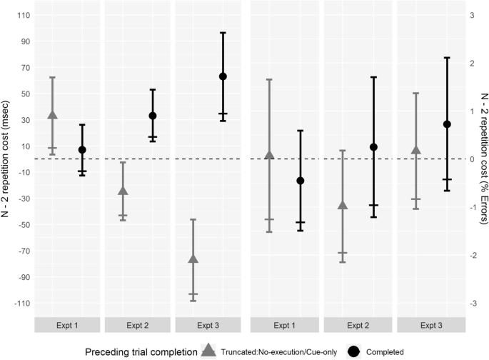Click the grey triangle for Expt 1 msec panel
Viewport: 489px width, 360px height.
click(52, 115)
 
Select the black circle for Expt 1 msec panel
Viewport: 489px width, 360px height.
click(82, 150)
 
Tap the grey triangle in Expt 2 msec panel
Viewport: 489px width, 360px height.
click(123, 191)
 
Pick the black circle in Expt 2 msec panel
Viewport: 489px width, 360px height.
click(152, 116)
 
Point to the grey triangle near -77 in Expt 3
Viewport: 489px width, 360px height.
click(193, 259)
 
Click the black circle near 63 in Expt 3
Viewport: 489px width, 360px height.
click(223, 76)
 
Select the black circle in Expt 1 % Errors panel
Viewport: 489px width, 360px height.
click(301, 181)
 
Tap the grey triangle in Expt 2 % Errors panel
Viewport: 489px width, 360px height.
click(343, 205)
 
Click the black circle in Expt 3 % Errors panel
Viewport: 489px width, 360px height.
click(448, 124)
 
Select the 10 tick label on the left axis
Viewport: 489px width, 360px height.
click(24, 146)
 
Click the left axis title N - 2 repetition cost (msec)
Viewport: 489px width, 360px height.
click(6, 159)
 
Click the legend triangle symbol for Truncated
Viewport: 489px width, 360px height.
click(208, 350)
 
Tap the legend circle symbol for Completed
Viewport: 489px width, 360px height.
click(354, 350)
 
